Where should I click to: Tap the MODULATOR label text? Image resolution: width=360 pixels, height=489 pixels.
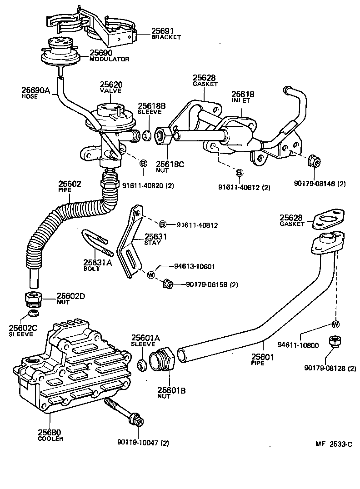(x=109, y=59)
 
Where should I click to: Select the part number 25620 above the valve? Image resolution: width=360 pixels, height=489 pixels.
(x=111, y=85)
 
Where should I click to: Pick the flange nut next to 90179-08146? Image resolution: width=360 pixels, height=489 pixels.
(x=313, y=160)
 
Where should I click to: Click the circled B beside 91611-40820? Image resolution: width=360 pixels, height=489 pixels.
(x=143, y=163)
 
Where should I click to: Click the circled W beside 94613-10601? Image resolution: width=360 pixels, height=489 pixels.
(x=150, y=275)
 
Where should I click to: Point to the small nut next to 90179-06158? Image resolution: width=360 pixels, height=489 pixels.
(x=167, y=284)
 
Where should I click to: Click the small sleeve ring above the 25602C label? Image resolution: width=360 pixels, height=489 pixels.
(x=32, y=314)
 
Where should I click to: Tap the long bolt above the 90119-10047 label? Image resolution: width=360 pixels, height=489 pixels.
(x=123, y=411)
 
